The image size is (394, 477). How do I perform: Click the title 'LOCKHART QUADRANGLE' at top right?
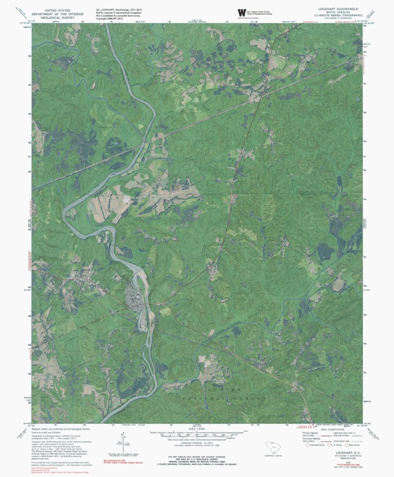pyautogui.click(x=336, y=9)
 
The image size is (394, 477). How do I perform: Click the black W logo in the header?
pyautogui.click(x=241, y=13)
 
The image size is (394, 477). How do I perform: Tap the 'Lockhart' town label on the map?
pyautogui.click(x=118, y=289)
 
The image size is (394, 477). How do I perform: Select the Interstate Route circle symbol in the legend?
pyautogui.click(x=307, y=445)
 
